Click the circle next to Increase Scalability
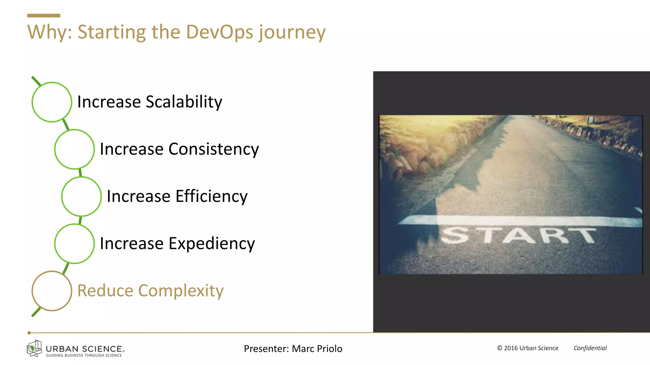52,102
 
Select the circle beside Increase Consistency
74,149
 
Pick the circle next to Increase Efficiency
81,196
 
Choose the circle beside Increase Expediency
74,244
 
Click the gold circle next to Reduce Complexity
52,291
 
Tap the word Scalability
184,102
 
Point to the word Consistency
214,149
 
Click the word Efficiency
211,196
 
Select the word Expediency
212,244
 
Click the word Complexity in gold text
181,291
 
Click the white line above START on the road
521,221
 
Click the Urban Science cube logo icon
34,348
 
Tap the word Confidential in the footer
590,348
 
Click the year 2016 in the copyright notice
511,348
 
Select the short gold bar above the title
43,16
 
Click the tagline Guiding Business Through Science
84,355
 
